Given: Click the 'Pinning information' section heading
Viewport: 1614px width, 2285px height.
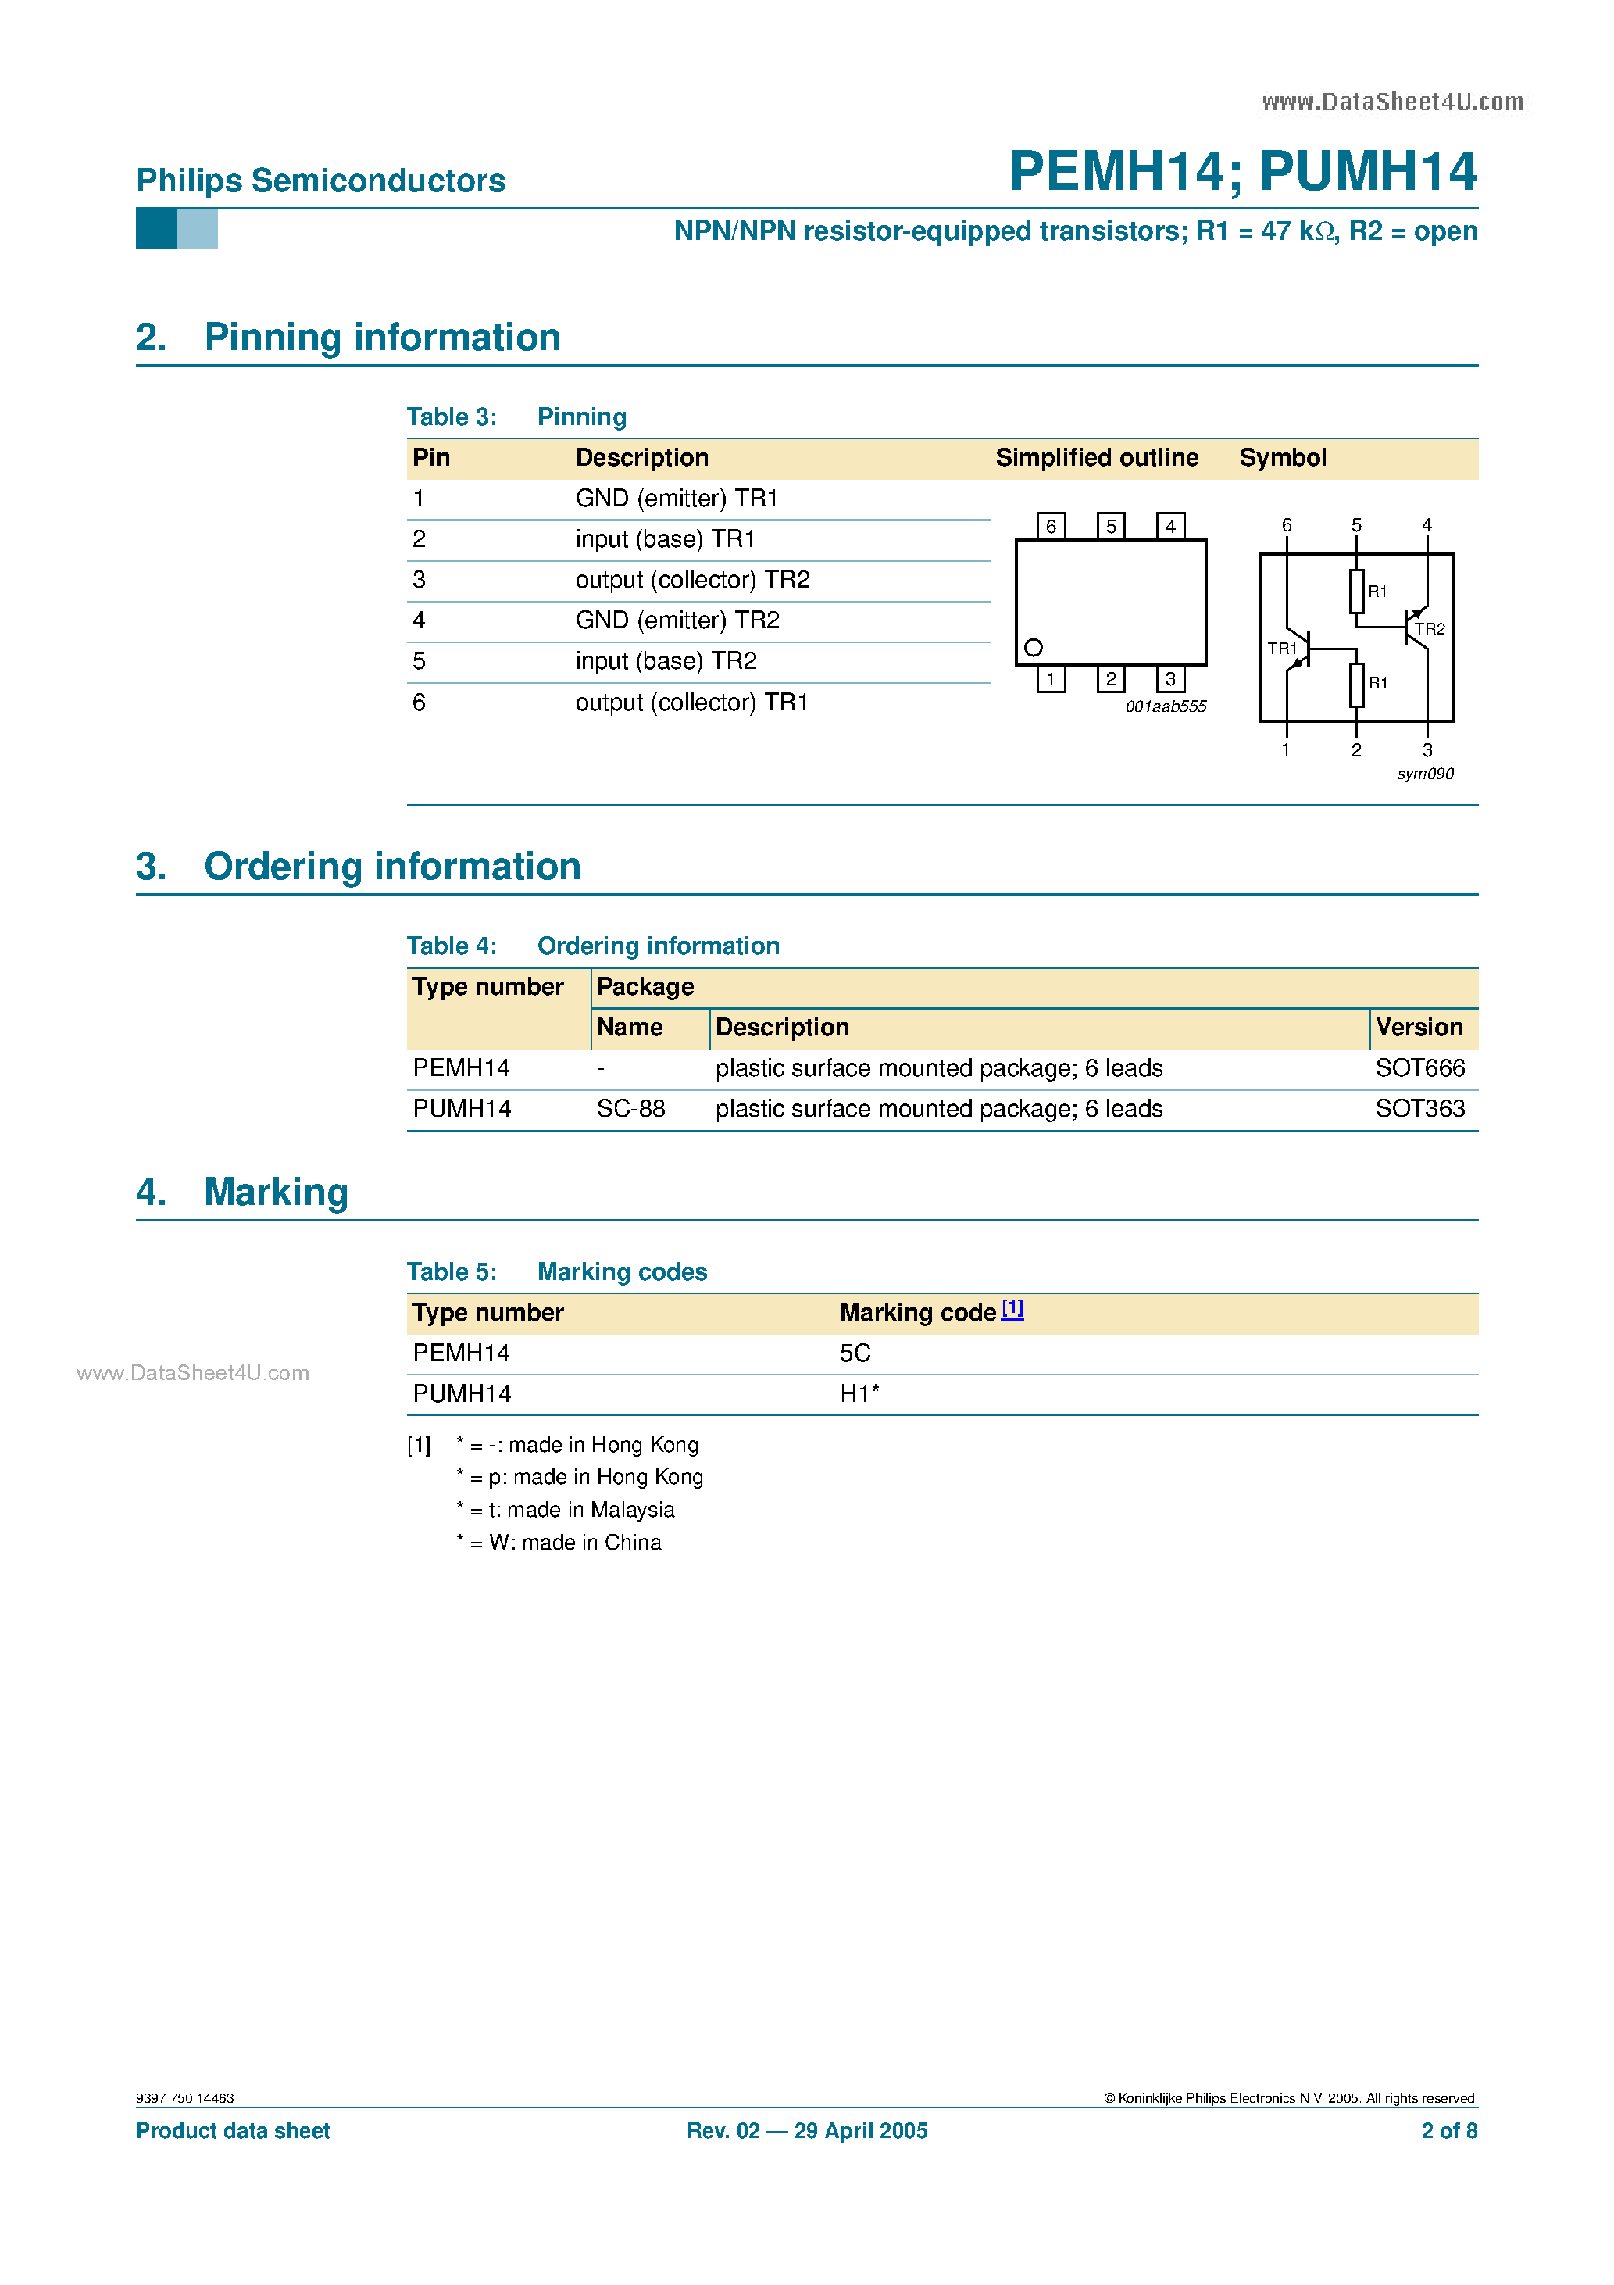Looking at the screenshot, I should tap(382, 338).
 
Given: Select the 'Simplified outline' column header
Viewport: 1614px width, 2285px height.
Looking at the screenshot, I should tap(1097, 458).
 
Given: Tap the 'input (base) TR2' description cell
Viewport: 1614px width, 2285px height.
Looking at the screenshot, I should tap(666, 661).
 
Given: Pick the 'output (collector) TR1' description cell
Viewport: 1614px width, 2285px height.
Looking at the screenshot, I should tap(691, 703).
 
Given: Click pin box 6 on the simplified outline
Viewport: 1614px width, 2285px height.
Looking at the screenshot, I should tap(1051, 525).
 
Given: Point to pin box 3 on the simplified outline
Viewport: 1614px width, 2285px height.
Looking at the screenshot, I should tap(1170, 679).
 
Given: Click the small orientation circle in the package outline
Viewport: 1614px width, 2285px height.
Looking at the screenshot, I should tap(1034, 648).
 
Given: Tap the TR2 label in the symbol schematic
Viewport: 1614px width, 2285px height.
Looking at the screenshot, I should tap(1430, 629).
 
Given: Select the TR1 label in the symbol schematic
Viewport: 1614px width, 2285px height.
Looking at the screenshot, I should tap(1282, 649).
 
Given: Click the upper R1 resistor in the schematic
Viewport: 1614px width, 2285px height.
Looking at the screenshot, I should tap(1356, 591).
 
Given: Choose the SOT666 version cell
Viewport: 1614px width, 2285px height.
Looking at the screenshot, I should tap(1420, 1067).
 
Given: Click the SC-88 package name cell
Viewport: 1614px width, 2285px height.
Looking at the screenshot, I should tap(631, 1109).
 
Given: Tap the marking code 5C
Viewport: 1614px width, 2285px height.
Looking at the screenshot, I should tap(855, 1353).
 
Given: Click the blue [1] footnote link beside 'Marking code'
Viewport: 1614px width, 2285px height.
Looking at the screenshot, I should tap(1012, 1309).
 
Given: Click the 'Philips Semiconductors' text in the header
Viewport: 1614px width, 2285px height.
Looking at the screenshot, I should tap(320, 181).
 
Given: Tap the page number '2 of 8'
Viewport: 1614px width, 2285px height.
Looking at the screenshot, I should tap(1449, 2131).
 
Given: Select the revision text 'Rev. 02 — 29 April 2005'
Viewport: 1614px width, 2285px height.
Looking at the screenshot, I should tap(807, 2131).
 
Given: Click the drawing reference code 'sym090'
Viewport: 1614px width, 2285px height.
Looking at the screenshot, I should tap(1425, 774).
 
